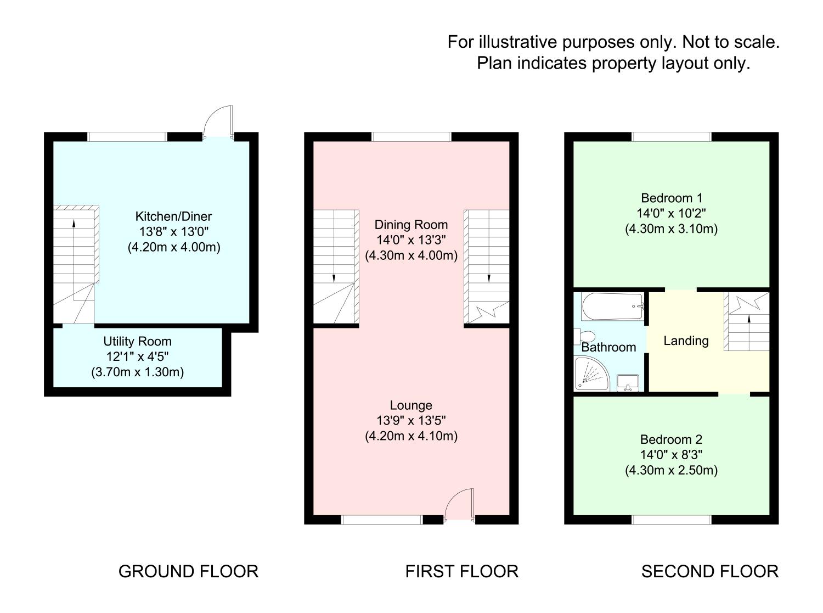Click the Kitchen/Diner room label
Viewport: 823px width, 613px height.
pos(173,216)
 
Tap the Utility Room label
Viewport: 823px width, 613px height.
pos(137,341)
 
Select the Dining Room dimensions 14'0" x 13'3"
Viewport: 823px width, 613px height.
pos(411,240)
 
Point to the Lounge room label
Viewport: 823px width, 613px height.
pos(411,405)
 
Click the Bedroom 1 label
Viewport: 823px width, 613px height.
pos(671,198)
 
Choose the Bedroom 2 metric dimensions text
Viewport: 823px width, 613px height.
pos(671,470)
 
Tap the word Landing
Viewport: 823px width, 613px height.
pos(686,341)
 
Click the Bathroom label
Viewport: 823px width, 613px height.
pos(608,347)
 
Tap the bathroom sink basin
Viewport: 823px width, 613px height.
pos(628,382)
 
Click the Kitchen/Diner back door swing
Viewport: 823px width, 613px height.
pos(218,122)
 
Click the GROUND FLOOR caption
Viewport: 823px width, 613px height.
pos(188,572)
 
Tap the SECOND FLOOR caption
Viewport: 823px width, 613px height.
pos(709,572)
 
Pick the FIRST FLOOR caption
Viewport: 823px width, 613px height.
pos(461,572)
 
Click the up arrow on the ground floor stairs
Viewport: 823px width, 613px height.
pos(74,222)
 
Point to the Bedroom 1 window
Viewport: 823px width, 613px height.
pos(671,137)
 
